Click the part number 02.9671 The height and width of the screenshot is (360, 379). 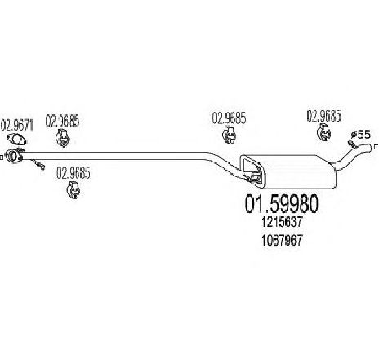tap(16, 126)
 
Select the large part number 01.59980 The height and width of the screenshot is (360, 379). tap(281, 204)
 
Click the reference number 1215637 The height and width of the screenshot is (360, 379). tap(282, 222)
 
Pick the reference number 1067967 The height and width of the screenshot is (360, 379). tap(282, 240)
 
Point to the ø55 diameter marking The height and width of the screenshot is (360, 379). tap(360, 134)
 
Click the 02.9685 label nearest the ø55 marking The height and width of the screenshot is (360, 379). tap(323, 116)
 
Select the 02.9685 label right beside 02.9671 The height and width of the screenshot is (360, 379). tap(62, 121)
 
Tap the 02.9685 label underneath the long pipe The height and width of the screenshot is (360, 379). tap(73, 173)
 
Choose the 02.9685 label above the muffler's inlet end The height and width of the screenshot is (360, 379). tap(229, 118)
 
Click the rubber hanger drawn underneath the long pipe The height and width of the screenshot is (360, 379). tap(74, 189)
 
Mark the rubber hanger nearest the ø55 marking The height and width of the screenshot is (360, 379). tap(323, 132)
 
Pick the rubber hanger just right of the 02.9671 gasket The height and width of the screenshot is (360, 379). tap(63, 138)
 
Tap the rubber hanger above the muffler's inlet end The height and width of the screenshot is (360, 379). tap(230, 135)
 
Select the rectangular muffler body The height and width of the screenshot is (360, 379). tap(288, 171)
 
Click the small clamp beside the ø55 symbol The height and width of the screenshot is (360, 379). tap(352, 144)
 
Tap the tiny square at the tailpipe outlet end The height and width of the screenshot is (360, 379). tap(377, 147)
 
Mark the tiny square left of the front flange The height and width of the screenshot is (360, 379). tap(2, 158)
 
